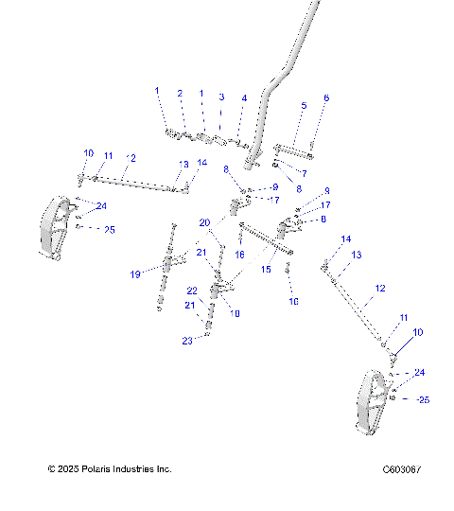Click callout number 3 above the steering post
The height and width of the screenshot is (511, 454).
221,97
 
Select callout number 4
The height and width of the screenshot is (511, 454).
244,98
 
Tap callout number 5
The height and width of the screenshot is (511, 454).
303,106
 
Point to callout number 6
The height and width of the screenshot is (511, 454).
326,97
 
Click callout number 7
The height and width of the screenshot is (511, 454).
304,173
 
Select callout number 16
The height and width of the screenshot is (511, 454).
240,255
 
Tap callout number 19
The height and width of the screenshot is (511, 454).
135,274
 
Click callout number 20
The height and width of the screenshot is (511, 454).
203,222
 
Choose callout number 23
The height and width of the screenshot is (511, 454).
186,341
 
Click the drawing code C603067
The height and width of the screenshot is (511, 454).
402,469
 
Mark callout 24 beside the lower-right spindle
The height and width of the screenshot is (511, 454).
419,373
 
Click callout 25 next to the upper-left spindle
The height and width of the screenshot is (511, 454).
109,230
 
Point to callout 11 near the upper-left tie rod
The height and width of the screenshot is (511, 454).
109,155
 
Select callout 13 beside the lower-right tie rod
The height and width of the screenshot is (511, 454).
357,255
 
